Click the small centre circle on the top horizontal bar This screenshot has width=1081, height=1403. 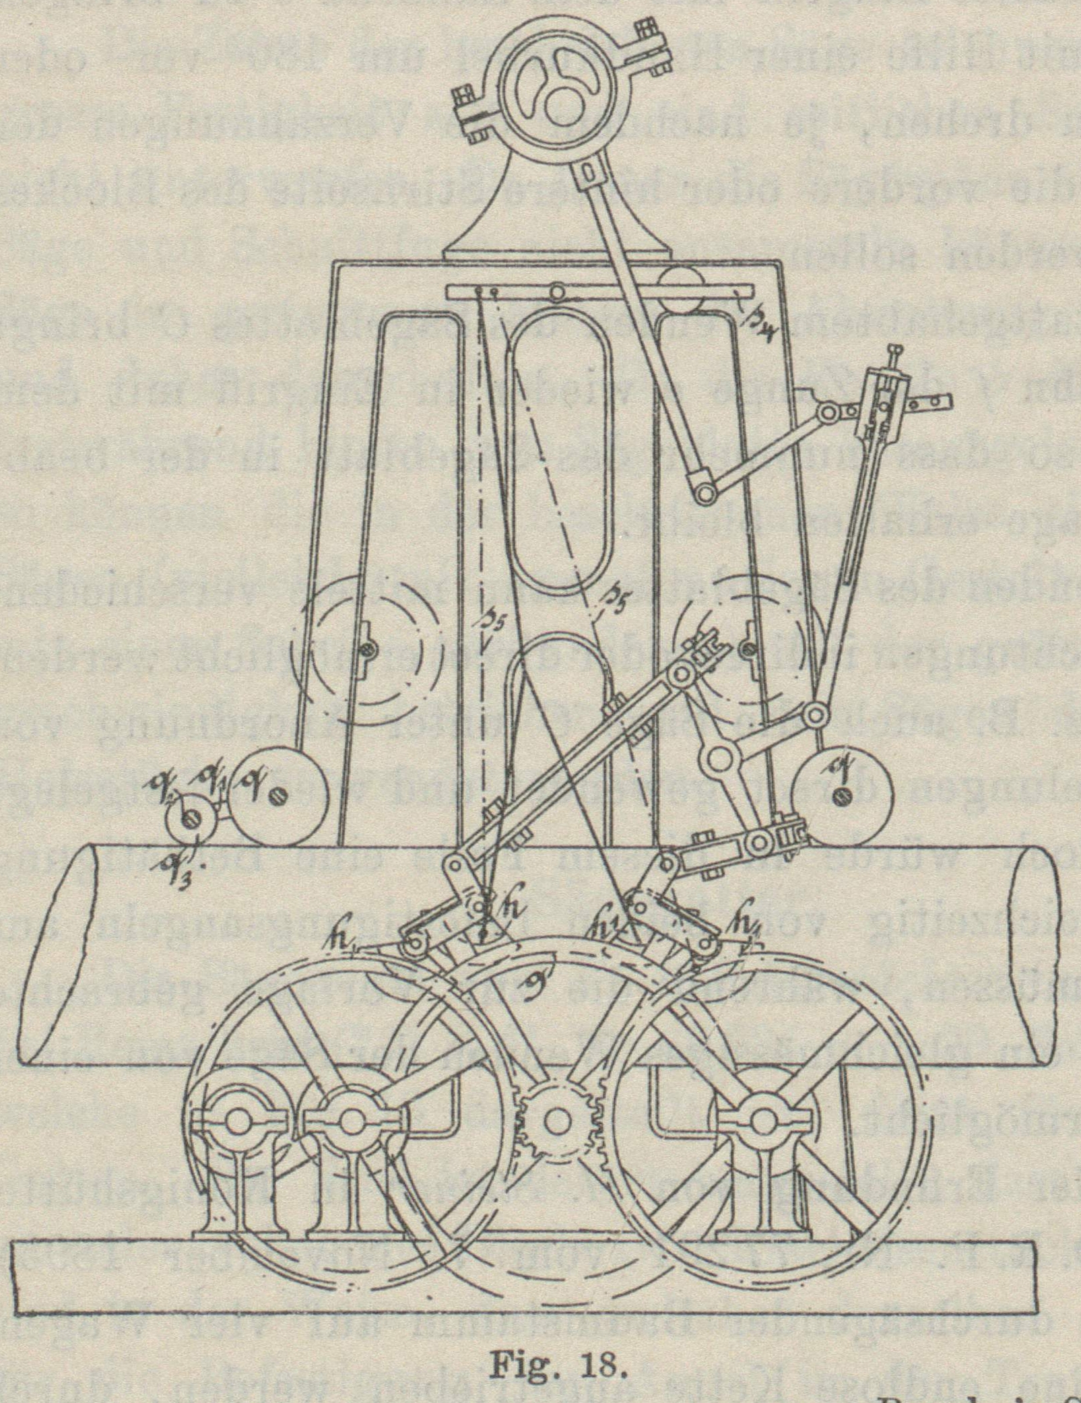tap(558, 292)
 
